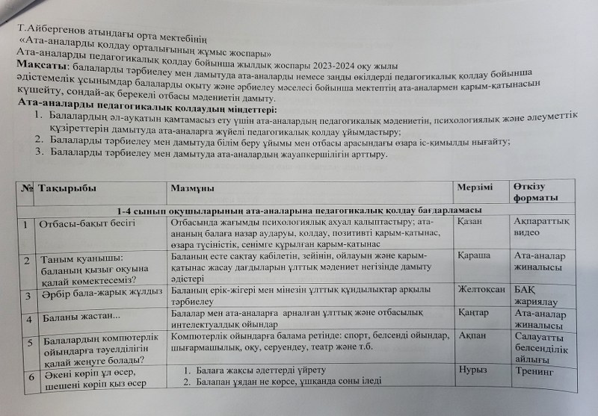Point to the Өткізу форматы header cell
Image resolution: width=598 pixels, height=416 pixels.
coord(535,191)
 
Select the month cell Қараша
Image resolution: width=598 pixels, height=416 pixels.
coord(475,255)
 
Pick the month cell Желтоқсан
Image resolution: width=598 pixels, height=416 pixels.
coord(481,288)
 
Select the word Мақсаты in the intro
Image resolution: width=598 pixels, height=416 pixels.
coord(40,68)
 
